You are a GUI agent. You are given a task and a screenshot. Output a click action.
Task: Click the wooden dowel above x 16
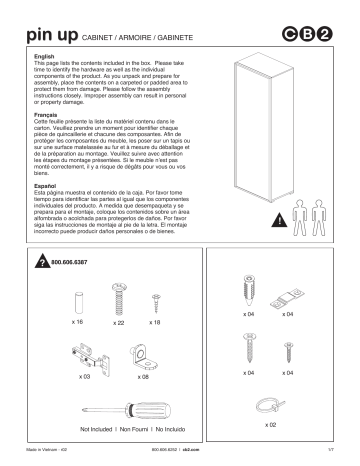click(x=78, y=301)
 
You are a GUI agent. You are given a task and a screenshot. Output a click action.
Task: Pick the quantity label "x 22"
click(x=118, y=323)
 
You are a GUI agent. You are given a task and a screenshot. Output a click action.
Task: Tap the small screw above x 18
click(x=155, y=300)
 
